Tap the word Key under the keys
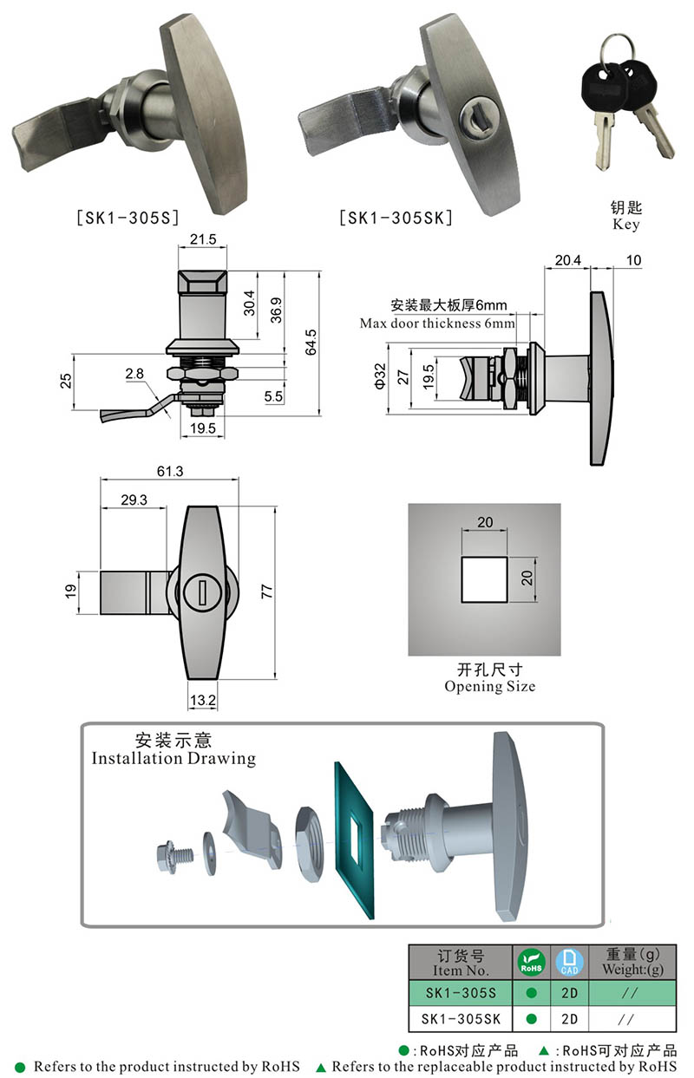click(x=625, y=225)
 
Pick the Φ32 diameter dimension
click(x=380, y=376)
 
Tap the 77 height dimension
click(x=267, y=591)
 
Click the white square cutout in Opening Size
click(x=484, y=579)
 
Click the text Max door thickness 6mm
click(x=437, y=323)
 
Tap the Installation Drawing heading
click(x=173, y=758)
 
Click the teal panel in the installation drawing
click(x=356, y=837)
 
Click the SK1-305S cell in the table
click(x=461, y=992)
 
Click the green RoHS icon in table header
click(x=531, y=961)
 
